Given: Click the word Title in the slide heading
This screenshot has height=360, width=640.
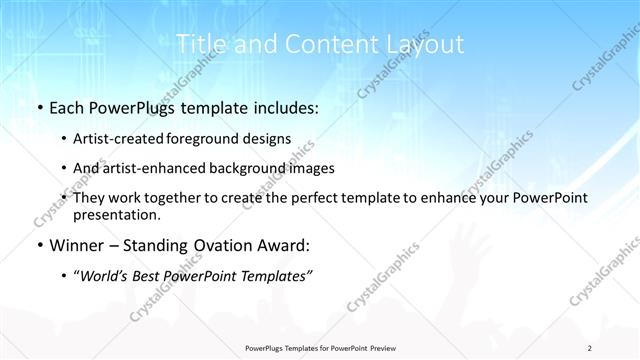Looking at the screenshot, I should [201, 44].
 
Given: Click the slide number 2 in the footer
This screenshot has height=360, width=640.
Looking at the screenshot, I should [590, 348].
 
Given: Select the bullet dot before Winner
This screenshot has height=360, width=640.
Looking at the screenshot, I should [38, 245].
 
